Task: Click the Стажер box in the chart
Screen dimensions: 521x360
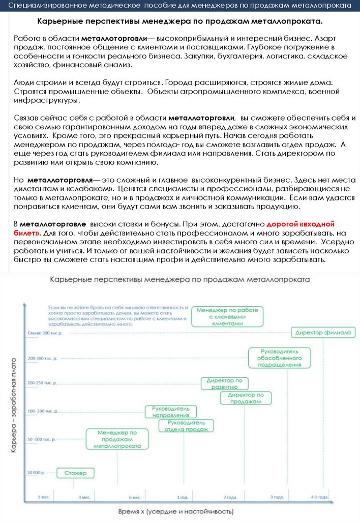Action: point(75,473)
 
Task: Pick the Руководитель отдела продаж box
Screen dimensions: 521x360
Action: point(186,425)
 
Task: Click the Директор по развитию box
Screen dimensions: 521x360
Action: point(225,384)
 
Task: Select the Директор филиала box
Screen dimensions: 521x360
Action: point(322,333)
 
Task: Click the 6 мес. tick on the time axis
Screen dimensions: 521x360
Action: point(135,497)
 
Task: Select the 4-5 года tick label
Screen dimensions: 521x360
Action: point(319,497)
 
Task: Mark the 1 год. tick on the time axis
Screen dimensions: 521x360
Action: point(183,497)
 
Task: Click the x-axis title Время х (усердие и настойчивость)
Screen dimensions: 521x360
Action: point(176,511)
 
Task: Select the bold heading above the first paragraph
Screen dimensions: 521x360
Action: point(180,22)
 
